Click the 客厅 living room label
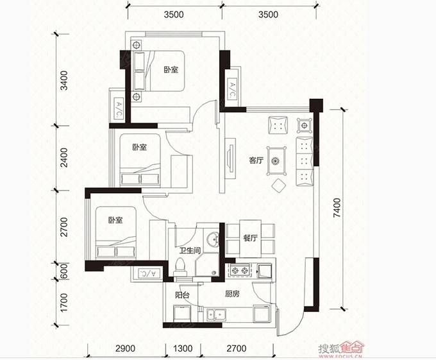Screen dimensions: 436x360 (256, 160)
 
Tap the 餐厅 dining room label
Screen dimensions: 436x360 (250, 238)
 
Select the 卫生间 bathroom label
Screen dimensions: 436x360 (190, 250)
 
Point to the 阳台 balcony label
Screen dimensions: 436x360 (182, 295)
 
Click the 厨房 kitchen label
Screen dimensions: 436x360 (232, 294)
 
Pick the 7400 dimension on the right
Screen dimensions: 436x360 (337, 208)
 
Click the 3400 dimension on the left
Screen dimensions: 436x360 (64, 81)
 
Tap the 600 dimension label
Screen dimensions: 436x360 (64, 271)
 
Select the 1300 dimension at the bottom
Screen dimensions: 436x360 (183, 348)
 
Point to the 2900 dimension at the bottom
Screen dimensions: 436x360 (125, 348)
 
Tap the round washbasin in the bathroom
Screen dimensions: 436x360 (213, 239)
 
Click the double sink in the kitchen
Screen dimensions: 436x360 (216, 315)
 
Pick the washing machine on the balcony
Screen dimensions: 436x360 (182, 314)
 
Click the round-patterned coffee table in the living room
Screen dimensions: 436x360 (276, 161)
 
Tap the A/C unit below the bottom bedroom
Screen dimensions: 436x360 (149, 273)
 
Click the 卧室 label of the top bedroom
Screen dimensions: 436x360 (171, 70)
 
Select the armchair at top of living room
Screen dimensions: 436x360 (278, 125)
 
